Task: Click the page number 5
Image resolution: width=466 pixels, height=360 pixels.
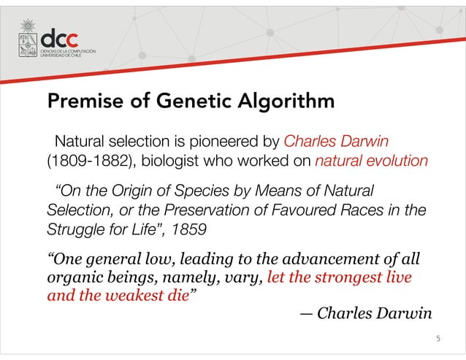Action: tap(437, 338)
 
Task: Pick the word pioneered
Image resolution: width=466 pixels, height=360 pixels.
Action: tap(226, 139)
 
